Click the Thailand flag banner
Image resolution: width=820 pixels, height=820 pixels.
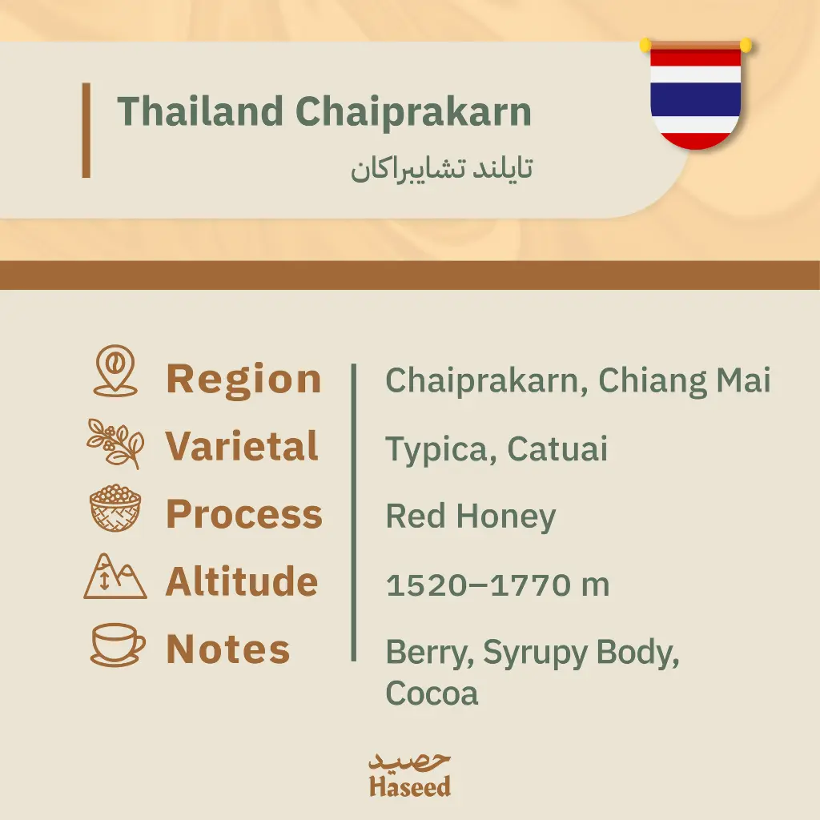(x=696, y=94)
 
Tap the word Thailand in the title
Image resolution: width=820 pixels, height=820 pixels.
(x=200, y=111)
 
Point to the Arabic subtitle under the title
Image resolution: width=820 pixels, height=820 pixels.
(x=442, y=168)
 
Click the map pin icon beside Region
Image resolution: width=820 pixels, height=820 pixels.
(x=115, y=371)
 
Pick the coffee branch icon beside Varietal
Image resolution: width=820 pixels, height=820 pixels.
(x=115, y=444)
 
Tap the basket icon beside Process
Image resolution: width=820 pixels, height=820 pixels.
(x=115, y=508)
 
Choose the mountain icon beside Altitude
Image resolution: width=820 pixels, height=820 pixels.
(x=115, y=576)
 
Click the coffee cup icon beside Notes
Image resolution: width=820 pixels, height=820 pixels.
(x=118, y=645)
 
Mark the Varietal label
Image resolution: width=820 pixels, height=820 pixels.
(x=242, y=446)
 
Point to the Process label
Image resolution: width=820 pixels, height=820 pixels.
(x=244, y=514)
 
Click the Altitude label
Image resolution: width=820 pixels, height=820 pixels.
(x=242, y=581)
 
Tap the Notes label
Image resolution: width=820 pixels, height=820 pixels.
(x=228, y=649)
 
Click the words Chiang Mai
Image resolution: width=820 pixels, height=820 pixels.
(x=685, y=381)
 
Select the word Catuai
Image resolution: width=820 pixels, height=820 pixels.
(x=557, y=448)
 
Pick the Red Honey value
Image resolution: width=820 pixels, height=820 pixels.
(x=471, y=517)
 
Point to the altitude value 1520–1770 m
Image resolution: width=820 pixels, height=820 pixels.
(x=498, y=585)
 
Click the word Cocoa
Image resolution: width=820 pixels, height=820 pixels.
(x=432, y=693)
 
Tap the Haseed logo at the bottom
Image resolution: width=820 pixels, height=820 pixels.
(x=410, y=775)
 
